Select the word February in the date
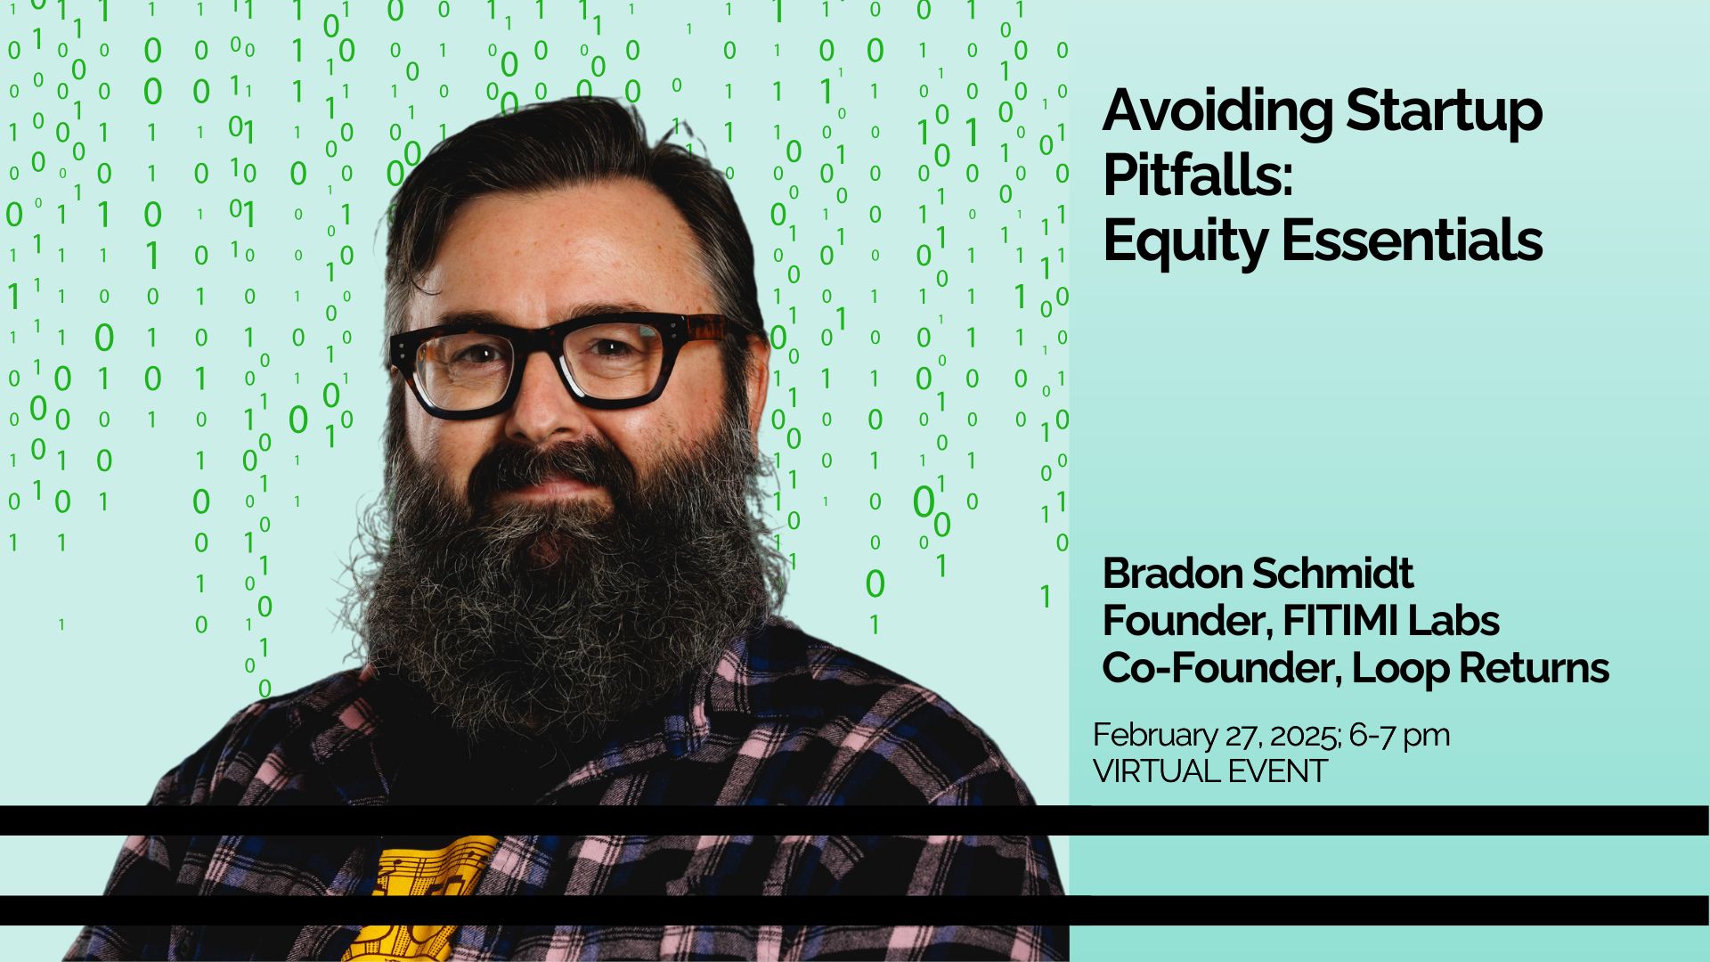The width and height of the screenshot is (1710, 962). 1154,736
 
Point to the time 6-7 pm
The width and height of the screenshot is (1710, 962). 1399,736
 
